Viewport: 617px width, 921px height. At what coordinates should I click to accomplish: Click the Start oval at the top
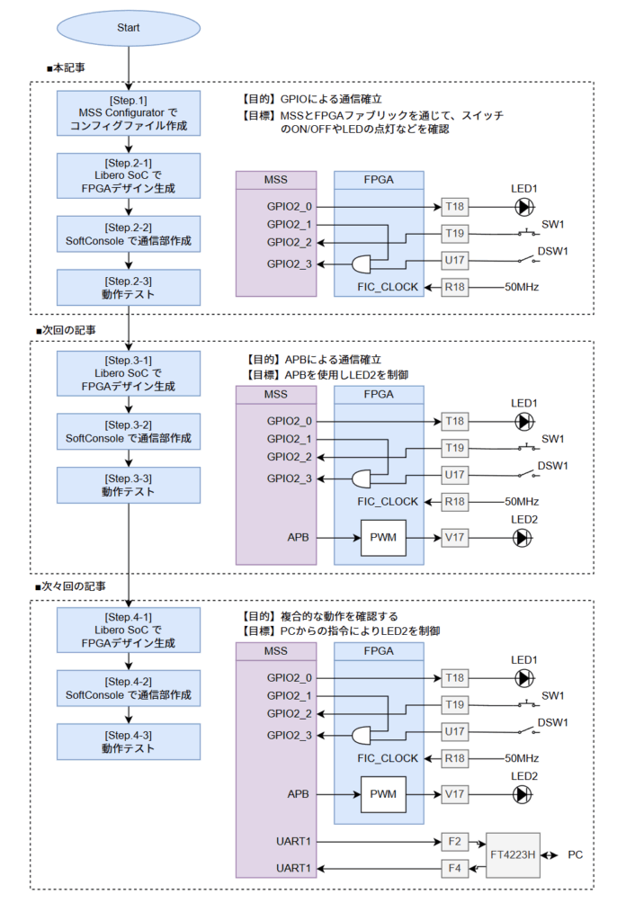click(128, 28)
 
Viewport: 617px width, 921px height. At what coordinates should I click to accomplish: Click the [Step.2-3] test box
click(128, 287)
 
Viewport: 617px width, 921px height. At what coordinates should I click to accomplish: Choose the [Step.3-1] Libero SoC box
click(128, 372)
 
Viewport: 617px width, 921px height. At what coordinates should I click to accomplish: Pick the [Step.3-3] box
click(128, 485)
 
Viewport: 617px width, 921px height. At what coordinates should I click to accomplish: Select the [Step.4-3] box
click(128, 741)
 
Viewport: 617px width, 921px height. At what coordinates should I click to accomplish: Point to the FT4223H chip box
click(513, 854)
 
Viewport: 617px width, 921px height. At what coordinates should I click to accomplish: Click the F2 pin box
click(454, 842)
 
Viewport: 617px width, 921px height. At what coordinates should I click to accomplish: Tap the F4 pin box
click(454, 869)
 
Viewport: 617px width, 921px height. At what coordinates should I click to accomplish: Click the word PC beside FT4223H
click(576, 854)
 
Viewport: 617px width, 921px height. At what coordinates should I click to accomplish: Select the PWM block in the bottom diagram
click(383, 794)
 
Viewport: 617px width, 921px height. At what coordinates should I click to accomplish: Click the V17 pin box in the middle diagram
click(454, 538)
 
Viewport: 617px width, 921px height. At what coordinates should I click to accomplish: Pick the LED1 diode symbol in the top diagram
click(523, 207)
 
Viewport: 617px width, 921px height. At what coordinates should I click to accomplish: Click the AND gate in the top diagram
click(363, 264)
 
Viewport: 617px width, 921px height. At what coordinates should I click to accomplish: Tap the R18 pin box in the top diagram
click(454, 288)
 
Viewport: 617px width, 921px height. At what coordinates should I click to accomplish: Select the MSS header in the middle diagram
click(275, 395)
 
